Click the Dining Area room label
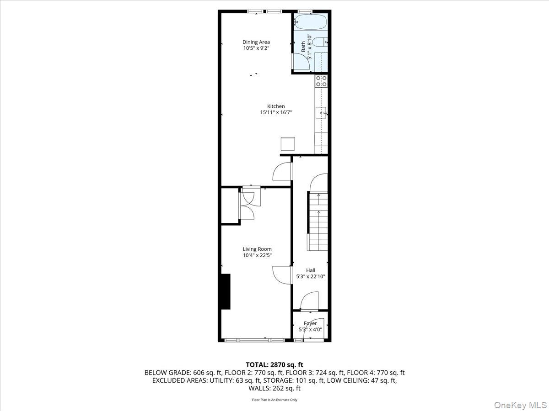tap(256, 42)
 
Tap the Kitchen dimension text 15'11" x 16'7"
tap(276, 112)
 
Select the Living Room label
tap(257, 249)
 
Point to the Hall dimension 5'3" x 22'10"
tap(311, 276)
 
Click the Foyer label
tap(310, 323)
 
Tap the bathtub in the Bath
tap(310, 21)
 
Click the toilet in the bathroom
tap(321, 42)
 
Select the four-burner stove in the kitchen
tap(321, 81)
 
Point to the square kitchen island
tap(288, 143)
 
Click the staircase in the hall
tap(318, 221)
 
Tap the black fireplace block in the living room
tap(226, 292)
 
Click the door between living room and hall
tap(282, 275)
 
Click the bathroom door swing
tap(300, 62)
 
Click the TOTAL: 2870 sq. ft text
tap(274, 364)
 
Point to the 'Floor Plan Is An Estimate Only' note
tap(274, 400)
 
